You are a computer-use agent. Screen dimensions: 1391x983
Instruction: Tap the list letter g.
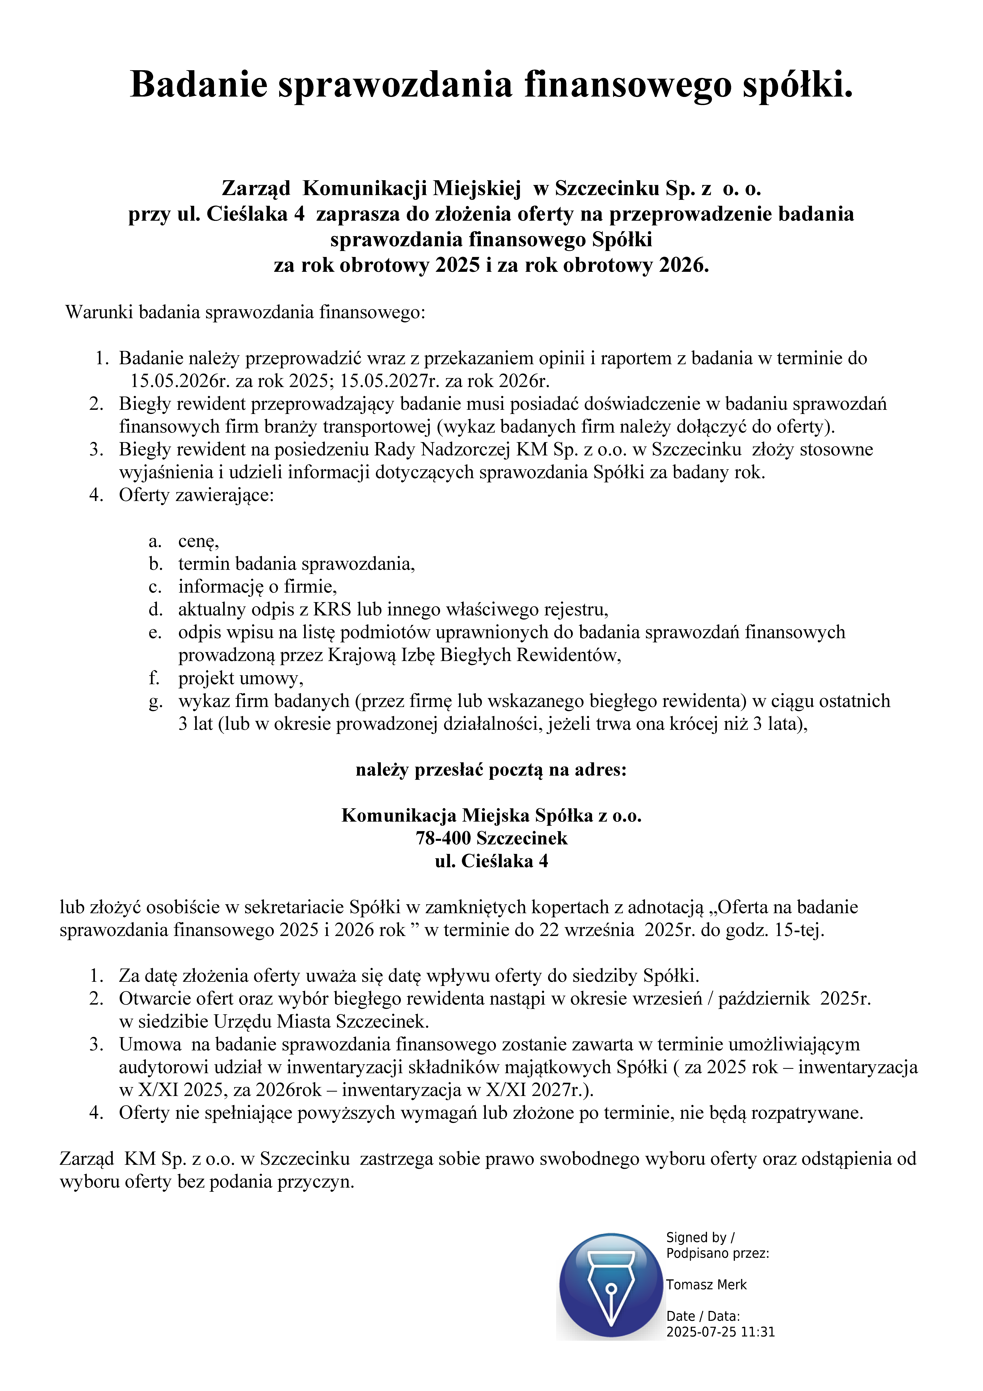pyautogui.click(x=156, y=702)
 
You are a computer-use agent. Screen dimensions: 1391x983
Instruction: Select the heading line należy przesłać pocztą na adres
pyautogui.click(x=491, y=770)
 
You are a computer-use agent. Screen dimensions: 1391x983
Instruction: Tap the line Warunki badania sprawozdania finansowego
pyautogui.click(x=245, y=313)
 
